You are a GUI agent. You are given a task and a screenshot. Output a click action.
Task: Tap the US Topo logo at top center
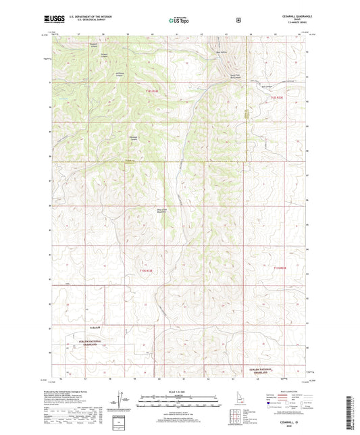pos(178,20)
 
